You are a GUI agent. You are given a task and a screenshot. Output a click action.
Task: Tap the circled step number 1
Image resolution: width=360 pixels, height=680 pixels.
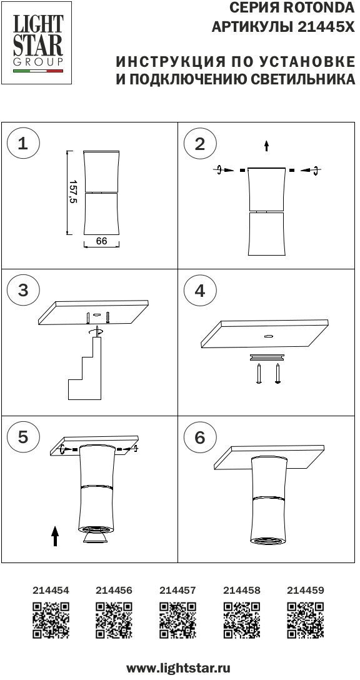click(x=23, y=144)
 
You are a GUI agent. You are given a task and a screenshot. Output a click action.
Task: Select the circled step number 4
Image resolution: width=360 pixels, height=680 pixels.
click(x=199, y=290)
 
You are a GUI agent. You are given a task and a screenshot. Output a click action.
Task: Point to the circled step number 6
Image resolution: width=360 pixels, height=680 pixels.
click(x=199, y=437)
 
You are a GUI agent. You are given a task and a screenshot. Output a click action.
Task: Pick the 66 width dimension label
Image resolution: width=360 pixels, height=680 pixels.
click(x=101, y=241)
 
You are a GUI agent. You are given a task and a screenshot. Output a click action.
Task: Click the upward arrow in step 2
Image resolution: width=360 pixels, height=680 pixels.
click(x=266, y=146)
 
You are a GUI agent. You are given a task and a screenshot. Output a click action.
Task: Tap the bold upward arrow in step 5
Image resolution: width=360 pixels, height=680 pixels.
click(x=54, y=536)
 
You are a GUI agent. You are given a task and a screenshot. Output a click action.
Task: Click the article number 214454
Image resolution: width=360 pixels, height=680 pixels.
click(x=51, y=590)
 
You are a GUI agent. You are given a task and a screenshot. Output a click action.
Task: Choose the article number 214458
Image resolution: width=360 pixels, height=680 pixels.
click(x=242, y=590)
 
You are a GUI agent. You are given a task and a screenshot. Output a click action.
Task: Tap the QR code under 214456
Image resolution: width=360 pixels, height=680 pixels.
click(x=114, y=620)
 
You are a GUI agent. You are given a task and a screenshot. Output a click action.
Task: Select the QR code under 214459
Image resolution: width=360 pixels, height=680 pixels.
click(x=306, y=620)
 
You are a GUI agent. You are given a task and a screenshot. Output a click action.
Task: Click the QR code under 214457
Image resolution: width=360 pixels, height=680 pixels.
click(x=177, y=620)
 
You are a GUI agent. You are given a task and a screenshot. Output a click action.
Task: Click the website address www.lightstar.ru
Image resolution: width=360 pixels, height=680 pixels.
click(x=178, y=668)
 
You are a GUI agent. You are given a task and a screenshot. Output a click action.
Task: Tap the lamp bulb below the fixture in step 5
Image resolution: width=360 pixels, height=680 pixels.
click(x=96, y=537)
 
